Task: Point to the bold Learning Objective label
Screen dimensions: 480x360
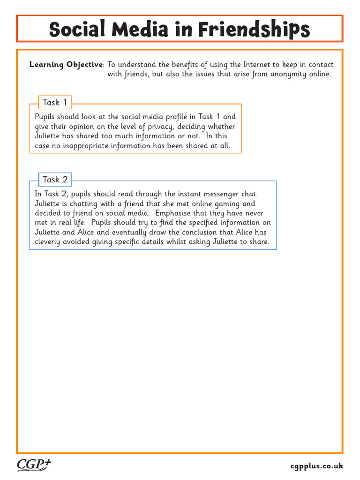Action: pos(66,65)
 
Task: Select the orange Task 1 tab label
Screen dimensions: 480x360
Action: pos(55,102)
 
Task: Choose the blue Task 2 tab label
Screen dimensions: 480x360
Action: pos(55,180)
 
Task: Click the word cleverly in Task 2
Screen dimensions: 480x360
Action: pos(49,242)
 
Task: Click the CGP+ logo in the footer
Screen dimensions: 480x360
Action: pos(34,465)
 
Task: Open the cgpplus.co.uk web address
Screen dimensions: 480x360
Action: pos(317,466)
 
